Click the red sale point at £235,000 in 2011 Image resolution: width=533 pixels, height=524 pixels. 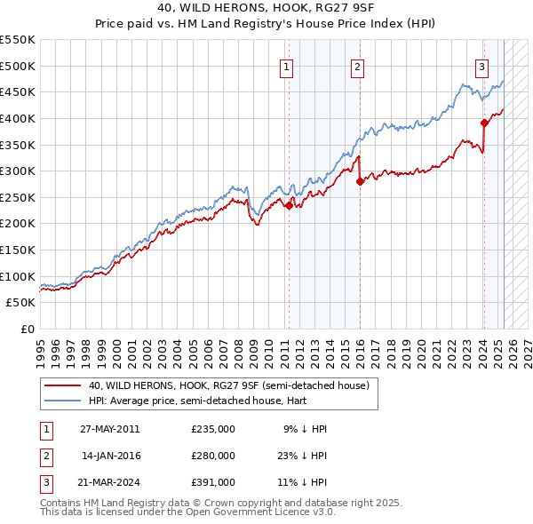(289, 205)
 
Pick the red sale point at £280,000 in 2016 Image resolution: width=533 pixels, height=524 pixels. (360, 181)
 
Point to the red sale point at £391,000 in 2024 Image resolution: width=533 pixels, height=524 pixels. (484, 123)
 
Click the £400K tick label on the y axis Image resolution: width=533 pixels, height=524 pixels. (17, 118)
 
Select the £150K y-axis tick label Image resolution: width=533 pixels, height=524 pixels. (17, 250)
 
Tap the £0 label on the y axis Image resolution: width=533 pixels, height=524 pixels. (27, 329)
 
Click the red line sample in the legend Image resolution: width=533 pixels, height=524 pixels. (61, 385)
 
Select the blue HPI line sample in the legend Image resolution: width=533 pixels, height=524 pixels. (61, 401)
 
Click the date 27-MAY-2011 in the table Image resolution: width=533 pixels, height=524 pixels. (109, 429)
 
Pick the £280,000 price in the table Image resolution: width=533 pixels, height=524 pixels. (212, 456)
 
